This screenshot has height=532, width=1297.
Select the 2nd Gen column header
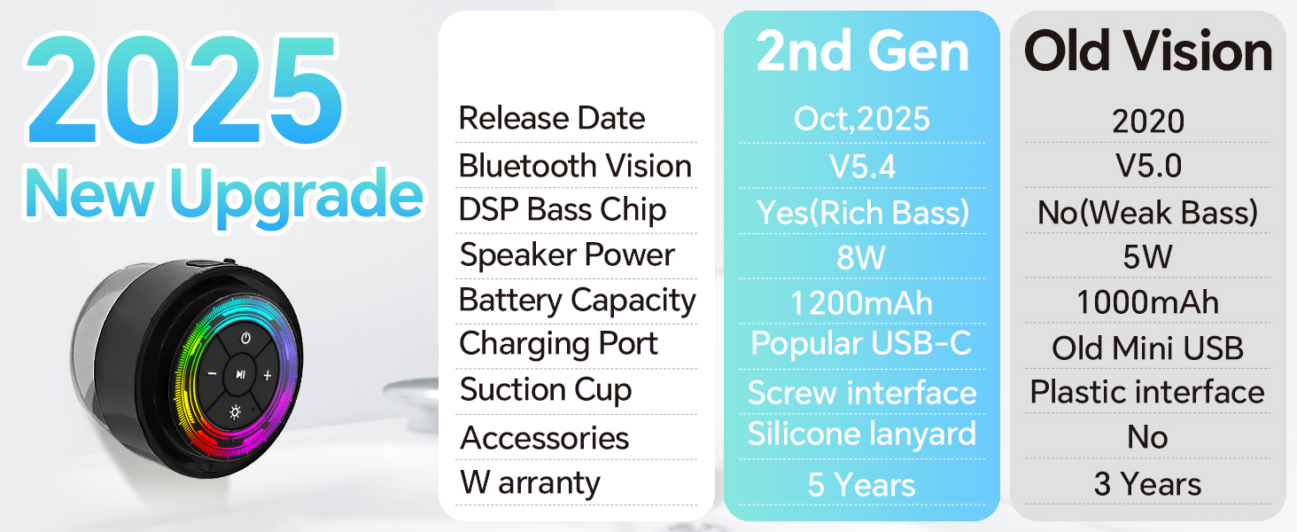(862, 52)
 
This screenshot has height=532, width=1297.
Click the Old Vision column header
(1148, 52)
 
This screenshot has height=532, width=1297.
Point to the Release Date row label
(552, 119)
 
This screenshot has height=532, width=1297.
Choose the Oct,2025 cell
(862, 119)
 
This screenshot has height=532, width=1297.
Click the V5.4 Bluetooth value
(862, 166)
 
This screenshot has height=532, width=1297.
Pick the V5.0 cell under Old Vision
(1148, 166)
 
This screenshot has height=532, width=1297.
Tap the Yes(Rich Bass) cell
(862, 212)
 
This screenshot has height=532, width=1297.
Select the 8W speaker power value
(862, 258)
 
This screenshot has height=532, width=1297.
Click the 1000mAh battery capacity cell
(1148, 303)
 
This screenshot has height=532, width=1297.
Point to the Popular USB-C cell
(862, 344)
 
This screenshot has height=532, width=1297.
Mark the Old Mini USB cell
(1148, 348)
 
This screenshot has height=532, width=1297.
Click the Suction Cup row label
(546, 390)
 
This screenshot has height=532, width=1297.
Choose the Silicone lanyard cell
(862, 434)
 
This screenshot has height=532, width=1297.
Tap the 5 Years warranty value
(862, 485)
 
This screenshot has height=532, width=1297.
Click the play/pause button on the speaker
(239, 375)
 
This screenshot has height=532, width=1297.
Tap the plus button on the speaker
(268, 376)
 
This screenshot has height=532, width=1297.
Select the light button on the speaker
(235, 411)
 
